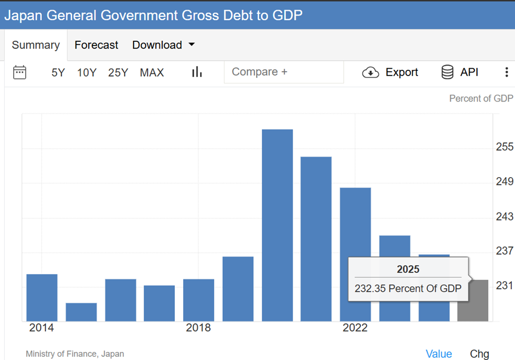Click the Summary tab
pyautogui.click(x=35, y=45)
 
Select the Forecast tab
pyautogui.click(x=96, y=45)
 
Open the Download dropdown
pyautogui.click(x=163, y=45)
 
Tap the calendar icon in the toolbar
pyautogui.click(x=20, y=72)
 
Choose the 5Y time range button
pyautogui.click(x=58, y=73)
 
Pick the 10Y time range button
pyautogui.click(x=87, y=73)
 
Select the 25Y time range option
pyautogui.click(x=118, y=73)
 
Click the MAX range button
pyautogui.click(x=152, y=73)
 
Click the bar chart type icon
pyautogui.click(x=197, y=72)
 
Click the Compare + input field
pyautogui.click(x=284, y=72)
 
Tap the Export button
pyautogui.click(x=390, y=72)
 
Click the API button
pyautogui.click(x=460, y=72)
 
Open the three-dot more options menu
pyautogui.click(x=506, y=72)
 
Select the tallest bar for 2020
pyautogui.click(x=277, y=225)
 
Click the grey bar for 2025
pyautogui.click(x=473, y=301)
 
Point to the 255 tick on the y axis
pyautogui.click(x=504, y=147)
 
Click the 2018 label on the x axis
pyautogui.click(x=198, y=328)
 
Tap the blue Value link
pyautogui.click(x=439, y=354)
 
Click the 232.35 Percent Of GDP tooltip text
pyautogui.click(x=408, y=289)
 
